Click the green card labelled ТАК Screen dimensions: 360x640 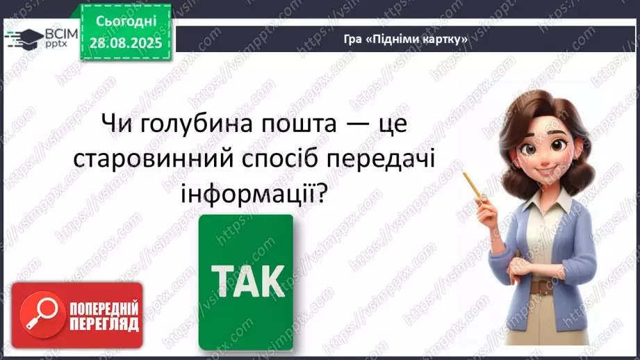[x=246, y=281]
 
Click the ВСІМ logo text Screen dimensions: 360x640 [x=60, y=31]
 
